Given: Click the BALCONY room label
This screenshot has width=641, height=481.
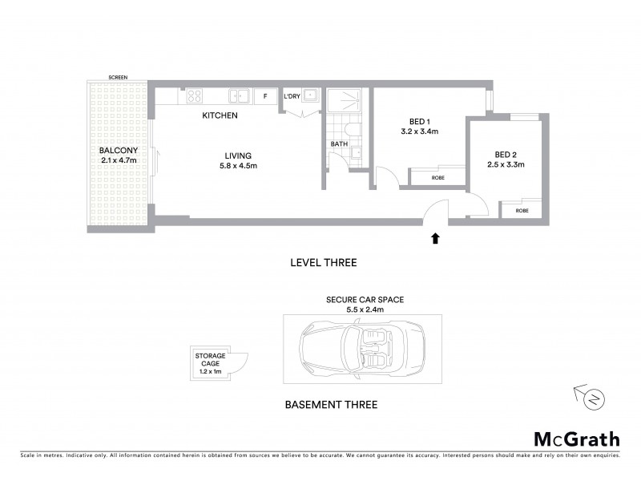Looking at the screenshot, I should point(118,151).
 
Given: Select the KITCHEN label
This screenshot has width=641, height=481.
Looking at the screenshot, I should point(220,116).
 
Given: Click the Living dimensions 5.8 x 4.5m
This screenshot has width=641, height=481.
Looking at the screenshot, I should point(238,166).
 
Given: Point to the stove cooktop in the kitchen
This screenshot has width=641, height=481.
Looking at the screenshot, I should point(194,97).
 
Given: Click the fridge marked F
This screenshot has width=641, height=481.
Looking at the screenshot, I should point(264,97).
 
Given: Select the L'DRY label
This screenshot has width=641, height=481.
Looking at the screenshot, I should point(292,97).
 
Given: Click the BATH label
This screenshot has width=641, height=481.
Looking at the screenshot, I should point(338,144).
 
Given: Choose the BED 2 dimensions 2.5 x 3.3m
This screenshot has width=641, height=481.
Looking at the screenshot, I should point(506,165).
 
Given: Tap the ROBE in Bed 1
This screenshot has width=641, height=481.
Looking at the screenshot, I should point(437,177).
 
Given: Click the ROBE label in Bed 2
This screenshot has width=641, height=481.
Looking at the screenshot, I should point(522,210).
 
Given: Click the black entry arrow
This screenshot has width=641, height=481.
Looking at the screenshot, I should point(435,238).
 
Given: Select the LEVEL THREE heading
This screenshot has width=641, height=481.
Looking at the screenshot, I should point(323,262).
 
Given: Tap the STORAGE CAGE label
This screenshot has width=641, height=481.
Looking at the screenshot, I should point(209,360).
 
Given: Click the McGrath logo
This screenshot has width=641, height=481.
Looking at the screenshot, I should point(576,439).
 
